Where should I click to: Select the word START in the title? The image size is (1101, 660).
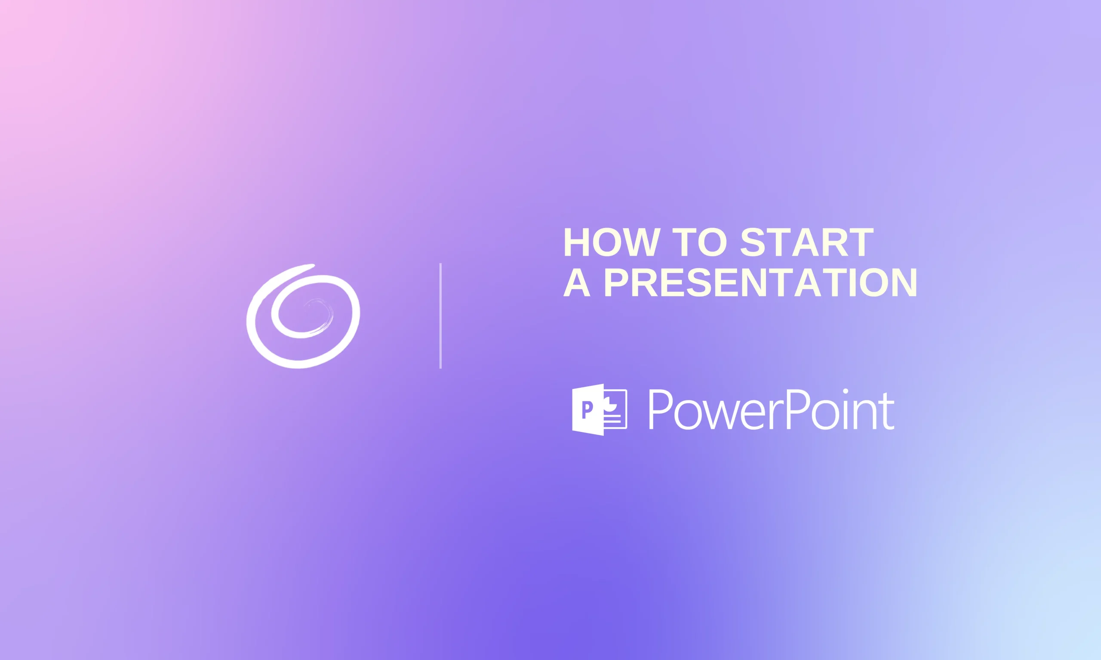[x=807, y=242]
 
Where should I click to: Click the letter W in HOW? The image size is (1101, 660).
[x=640, y=242]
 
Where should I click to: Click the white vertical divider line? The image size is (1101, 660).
[x=440, y=316]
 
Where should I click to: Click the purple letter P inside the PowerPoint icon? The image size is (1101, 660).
[x=587, y=409]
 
